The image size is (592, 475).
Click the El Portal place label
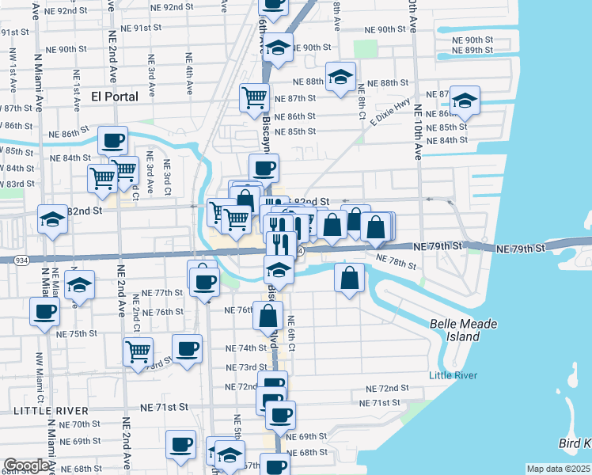pos(115,97)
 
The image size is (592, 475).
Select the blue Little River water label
pos(453,375)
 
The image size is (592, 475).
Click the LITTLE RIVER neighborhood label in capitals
pos(51,411)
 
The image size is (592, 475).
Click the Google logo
pos(26,466)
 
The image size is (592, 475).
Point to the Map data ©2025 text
pos(559,469)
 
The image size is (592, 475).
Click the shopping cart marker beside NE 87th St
pos(255,97)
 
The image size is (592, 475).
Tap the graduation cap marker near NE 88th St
pos(340,77)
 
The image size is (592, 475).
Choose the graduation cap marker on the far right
pos(465,101)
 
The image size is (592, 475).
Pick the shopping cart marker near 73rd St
pos(139,350)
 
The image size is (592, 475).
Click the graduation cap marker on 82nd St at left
pos(52,218)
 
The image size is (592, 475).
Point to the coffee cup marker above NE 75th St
pos(45,311)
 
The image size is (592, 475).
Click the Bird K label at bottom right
pos(573,442)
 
